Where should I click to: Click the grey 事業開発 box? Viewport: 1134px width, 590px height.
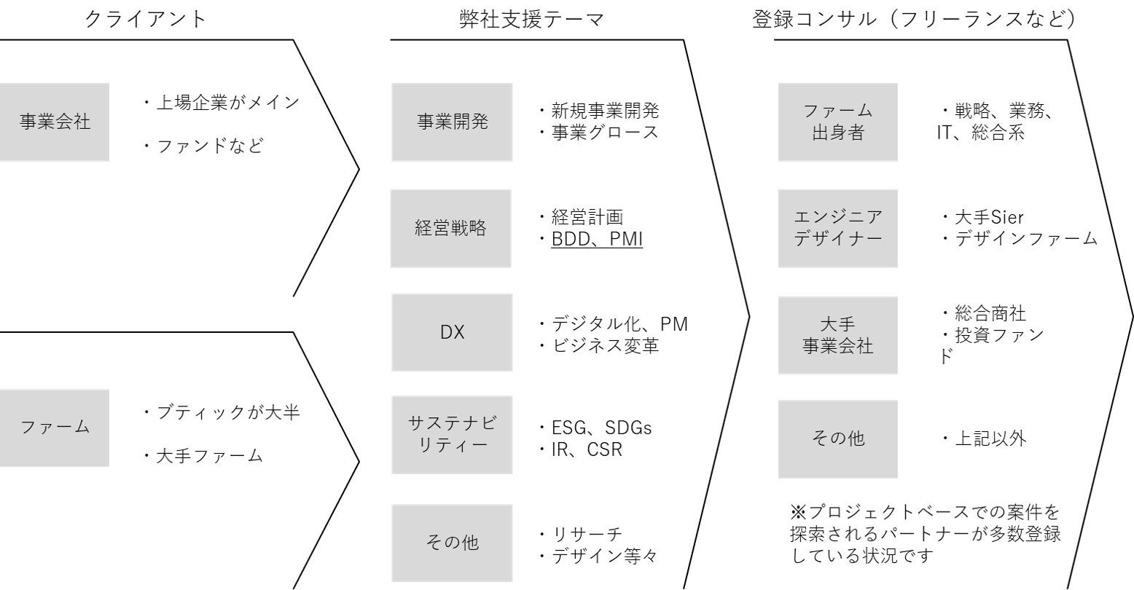click(452, 122)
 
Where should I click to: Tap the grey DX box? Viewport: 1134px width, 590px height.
click(452, 332)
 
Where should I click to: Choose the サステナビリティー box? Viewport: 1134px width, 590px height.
click(452, 435)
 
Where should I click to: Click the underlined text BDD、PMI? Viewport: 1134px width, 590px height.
click(596, 238)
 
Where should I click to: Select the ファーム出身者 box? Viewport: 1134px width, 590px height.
click(837, 122)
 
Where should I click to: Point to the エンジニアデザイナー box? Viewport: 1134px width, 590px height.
click(837, 228)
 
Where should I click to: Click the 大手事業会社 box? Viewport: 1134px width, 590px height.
click(837, 335)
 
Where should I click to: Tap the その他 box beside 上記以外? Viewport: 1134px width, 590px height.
click(837, 438)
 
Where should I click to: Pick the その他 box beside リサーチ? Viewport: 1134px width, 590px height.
click(452, 543)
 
